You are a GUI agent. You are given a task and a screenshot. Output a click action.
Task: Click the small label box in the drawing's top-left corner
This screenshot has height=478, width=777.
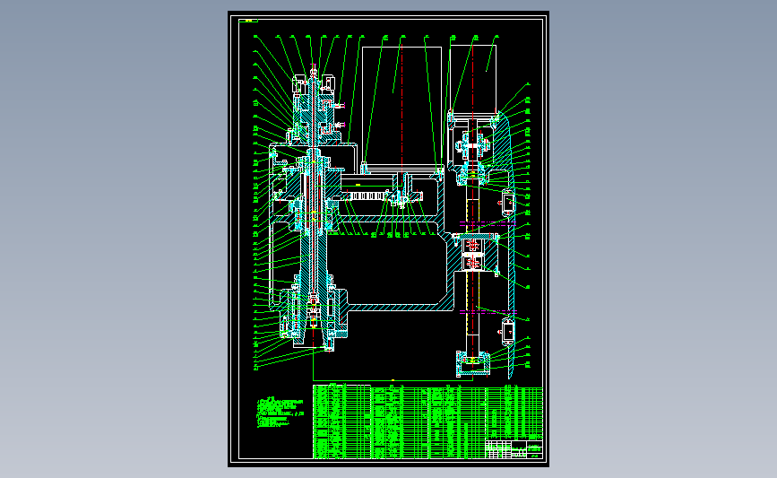coord(248,18)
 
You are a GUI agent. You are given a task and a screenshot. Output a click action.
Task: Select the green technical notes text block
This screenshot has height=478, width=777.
coord(278,413)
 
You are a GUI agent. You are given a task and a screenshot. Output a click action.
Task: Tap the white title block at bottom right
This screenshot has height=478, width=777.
coord(515,448)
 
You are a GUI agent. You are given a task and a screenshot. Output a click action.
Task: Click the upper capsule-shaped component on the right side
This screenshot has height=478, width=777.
coord(507,204)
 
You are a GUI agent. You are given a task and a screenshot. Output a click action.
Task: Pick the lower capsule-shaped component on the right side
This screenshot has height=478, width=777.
coord(507,330)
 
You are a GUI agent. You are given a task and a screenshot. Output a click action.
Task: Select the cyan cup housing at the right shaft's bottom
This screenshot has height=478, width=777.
coord(473,362)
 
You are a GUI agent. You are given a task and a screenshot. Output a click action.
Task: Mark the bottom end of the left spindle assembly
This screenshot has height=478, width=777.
coord(327,348)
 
